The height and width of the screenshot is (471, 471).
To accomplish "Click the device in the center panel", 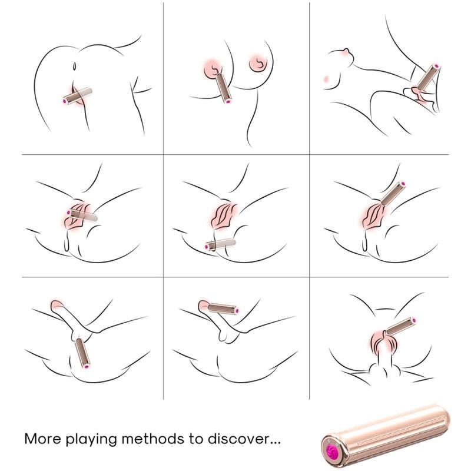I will (221, 244).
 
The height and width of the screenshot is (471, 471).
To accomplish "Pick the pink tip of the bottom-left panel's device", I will (87, 368).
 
